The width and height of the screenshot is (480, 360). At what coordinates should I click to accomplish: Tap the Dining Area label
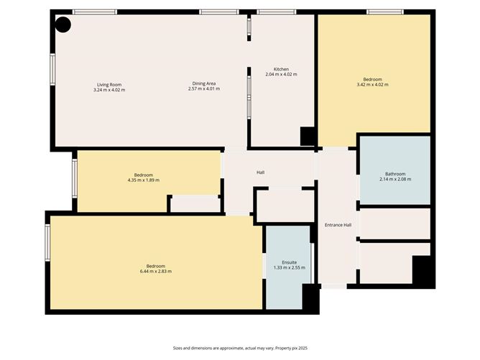[x=203, y=84]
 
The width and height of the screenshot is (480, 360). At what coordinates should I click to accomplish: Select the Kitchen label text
[x=281, y=70]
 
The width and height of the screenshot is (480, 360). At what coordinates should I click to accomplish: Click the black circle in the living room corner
[x=63, y=25]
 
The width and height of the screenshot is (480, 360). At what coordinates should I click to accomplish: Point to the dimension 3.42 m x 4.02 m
[x=372, y=85]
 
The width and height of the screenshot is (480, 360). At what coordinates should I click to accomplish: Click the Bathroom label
[x=395, y=173]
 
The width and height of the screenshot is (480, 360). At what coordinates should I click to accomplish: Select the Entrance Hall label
[x=337, y=225]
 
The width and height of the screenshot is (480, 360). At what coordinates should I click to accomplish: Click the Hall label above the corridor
[x=261, y=172]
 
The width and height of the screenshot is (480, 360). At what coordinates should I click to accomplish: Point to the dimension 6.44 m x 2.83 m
[x=155, y=271]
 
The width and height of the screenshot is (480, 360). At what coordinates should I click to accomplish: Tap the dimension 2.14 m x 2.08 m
[x=395, y=179]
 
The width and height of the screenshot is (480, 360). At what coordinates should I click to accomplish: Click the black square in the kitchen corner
[x=308, y=137]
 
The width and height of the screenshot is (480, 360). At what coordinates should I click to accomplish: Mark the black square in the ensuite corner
[x=310, y=297]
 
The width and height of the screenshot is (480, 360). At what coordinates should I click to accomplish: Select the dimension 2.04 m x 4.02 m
[x=281, y=75]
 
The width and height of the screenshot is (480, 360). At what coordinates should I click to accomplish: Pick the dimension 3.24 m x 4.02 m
[x=109, y=90]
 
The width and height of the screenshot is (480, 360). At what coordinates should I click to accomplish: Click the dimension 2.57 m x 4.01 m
[x=203, y=89]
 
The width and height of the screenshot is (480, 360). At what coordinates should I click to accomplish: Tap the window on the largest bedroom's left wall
[x=48, y=245]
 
